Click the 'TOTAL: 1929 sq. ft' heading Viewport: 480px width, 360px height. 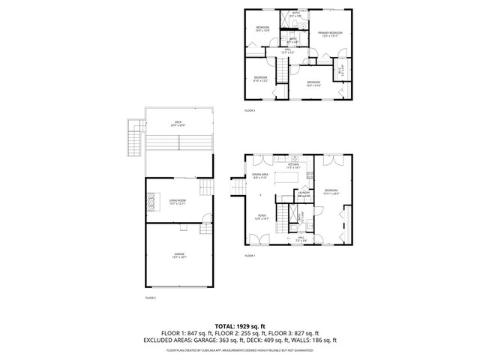coord(239,326)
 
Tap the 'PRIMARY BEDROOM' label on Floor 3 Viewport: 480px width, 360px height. coord(330,34)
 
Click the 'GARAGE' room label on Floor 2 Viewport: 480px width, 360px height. coord(179,255)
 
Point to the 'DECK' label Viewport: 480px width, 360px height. coord(178,124)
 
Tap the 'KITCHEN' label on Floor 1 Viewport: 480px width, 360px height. coord(292,166)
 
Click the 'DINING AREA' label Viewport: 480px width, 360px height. coord(261,177)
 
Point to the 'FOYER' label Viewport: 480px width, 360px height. coord(259,218)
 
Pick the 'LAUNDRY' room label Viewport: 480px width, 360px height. coord(304,194)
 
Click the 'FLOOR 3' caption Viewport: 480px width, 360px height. coord(250,110)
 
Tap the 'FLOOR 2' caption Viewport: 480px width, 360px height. coord(150,298)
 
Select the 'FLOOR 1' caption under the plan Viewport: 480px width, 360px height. coord(250,256)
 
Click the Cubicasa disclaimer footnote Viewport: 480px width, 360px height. coord(239,349)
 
